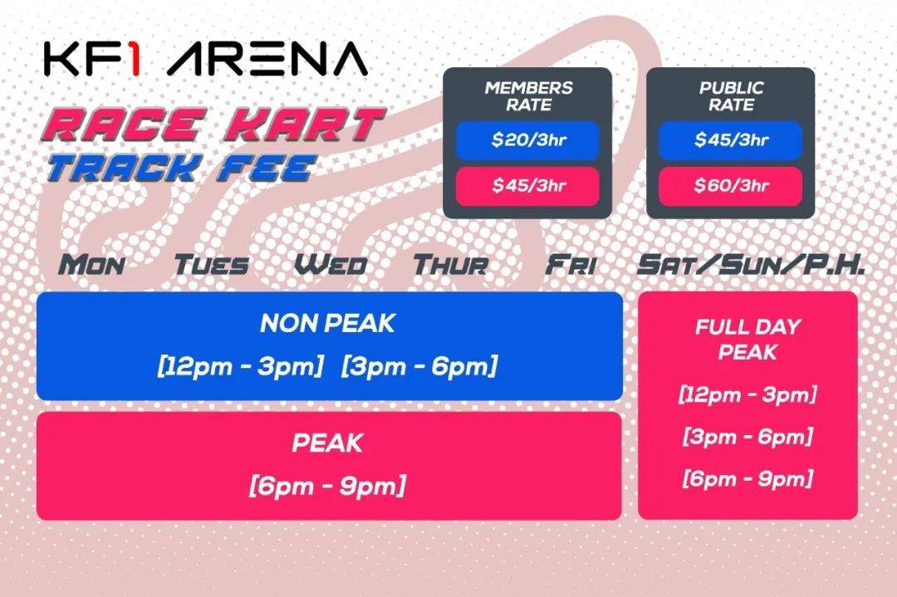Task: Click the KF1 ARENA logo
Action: tap(205, 59)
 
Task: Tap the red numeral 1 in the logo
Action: tap(132, 59)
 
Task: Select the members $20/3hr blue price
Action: tap(527, 140)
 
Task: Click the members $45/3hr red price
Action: tap(527, 186)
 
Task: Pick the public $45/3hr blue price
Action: tap(731, 140)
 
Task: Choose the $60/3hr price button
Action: tap(731, 186)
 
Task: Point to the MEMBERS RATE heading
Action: tap(528, 96)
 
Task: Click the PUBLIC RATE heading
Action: tap(731, 96)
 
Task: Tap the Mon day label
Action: tap(91, 265)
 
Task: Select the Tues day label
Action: tap(211, 265)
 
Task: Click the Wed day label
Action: tap(331, 265)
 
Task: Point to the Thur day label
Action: tap(451, 265)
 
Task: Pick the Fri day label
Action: tap(571, 265)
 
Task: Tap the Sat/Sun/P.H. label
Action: tap(751, 265)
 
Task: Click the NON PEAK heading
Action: tap(327, 323)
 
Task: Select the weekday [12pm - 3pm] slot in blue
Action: tap(241, 366)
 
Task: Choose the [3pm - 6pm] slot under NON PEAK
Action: tap(419, 366)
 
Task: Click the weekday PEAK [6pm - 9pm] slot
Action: tap(327, 486)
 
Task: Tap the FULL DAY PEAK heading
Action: tap(747, 339)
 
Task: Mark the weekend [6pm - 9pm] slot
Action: tap(747, 478)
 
